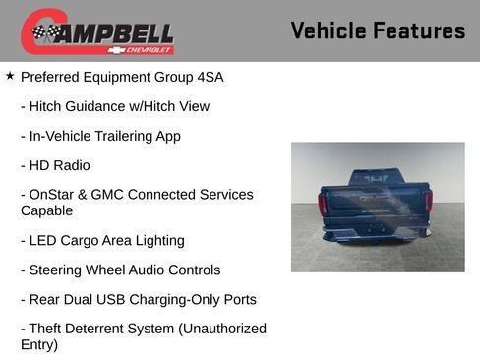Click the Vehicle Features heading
pos(378,31)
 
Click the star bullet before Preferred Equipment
pos(10,75)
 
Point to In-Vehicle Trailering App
pos(100,136)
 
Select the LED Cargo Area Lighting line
pos(102,240)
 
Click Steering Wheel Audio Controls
pos(120,270)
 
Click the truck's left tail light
pos(323,204)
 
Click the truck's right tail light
pos(428,202)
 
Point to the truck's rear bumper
pos(376,234)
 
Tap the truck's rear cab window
pos(376,178)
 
